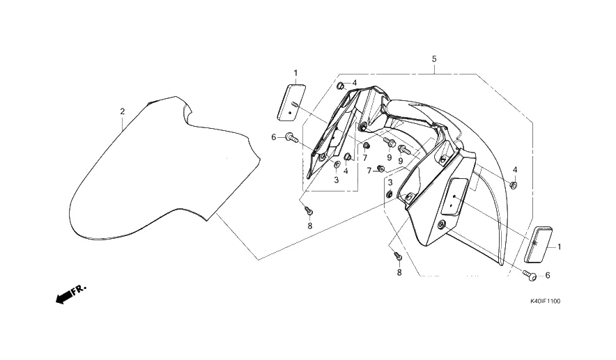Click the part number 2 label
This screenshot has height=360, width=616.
pyautogui.click(x=122, y=111)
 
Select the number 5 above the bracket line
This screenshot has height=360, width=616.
pyautogui.click(x=433, y=59)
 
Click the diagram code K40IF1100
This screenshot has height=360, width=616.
pyautogui.click(x=545, y=302)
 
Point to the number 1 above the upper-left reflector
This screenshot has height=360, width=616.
pyautogui.click(x=295, y=72)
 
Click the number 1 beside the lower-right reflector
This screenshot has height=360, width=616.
pyautogui.click(x=559, y=246)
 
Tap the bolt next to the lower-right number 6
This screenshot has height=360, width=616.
pyautogui.click(x=530, y=276)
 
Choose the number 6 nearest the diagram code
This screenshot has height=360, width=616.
pyautogui.click(x=547, y=276)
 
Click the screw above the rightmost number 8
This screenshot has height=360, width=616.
pyautogui.click(x=398, y=256)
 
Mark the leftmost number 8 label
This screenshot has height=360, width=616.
pyautogui.click(x=310, y=226)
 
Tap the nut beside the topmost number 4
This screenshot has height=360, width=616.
pyautogui.click(x=341, y=86)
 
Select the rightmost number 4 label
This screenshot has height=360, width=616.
pyautogui.click(x=515, y=170)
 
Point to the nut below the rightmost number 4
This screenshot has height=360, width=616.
pyautogui.click(x=514, y=185)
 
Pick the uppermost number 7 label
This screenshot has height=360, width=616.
pyautogui.click(x=364, y=157)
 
